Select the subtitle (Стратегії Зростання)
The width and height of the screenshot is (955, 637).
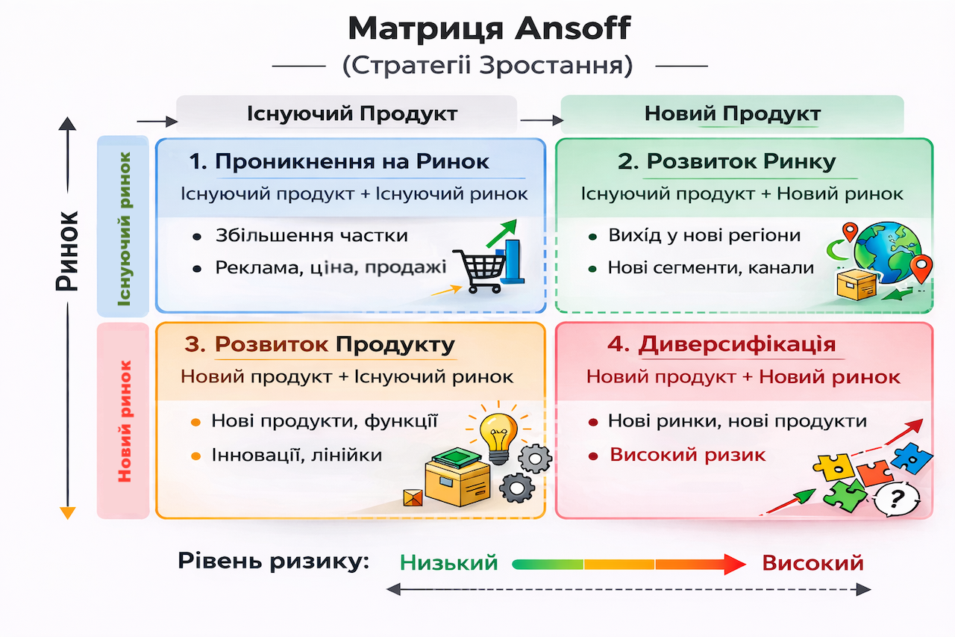[x=487, y=66]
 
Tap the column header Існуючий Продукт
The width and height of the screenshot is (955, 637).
[x=351, y=114]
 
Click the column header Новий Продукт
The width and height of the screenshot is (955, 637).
[x=733, y=114]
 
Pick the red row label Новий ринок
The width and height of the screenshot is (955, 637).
[x=124, y=420]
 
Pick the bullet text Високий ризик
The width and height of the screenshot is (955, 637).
[x=688, y=455]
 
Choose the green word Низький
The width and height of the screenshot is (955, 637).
[x=449, y=562]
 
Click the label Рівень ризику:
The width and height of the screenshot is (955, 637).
[x=274, y=561]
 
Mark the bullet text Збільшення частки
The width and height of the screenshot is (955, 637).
[x=311, y=235]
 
